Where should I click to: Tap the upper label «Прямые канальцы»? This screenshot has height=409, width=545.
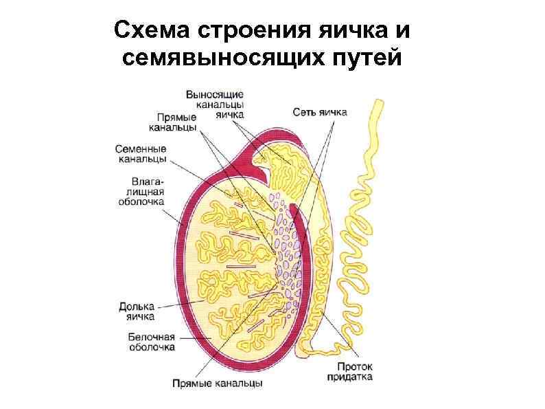coord(173,122)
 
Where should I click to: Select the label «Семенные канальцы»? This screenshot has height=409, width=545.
coord(140,153)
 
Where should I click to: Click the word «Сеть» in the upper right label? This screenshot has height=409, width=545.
coord(304,111)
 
